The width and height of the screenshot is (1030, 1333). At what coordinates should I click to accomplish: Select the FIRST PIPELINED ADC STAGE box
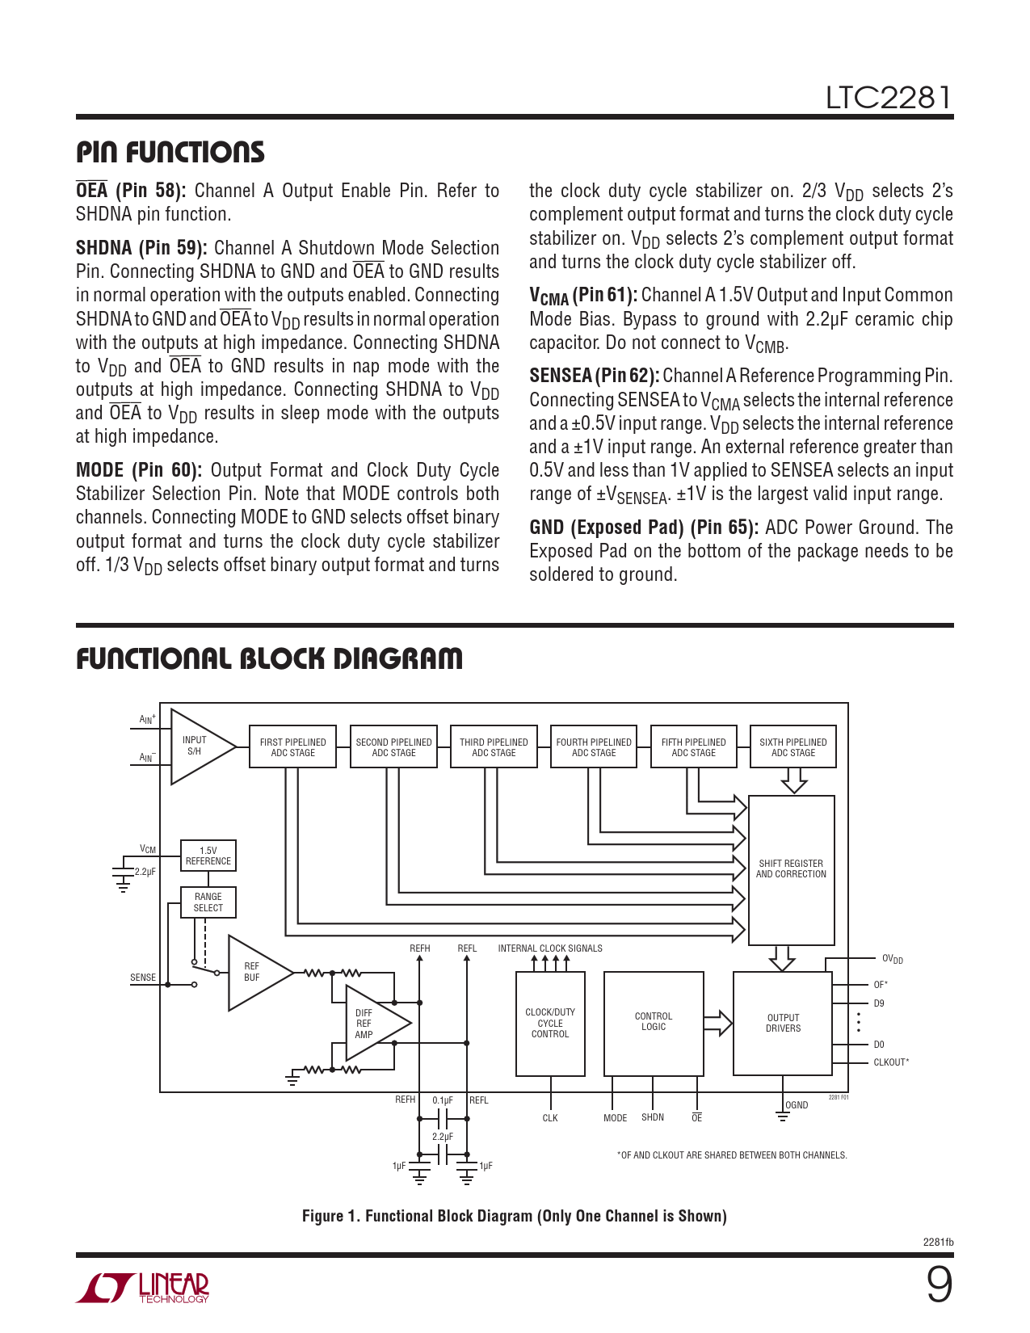tap(292, 746)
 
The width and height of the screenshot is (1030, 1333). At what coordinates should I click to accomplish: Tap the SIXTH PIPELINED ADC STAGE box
tap(792, 746)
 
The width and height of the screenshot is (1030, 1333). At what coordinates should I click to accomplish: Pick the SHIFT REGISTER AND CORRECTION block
tap(791, 869)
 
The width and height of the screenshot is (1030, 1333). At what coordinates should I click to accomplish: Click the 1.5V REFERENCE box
tap(208, 856)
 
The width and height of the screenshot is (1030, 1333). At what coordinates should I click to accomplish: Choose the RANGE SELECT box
tap(208, 902)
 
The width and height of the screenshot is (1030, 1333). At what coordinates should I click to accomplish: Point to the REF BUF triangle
tap(254, 972)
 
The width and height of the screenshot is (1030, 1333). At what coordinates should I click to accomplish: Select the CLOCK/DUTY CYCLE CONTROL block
tap(550, 1023)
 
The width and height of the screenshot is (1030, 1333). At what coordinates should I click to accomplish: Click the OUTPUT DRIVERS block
tap(782, 1023)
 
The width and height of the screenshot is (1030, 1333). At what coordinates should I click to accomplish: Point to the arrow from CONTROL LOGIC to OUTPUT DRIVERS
tap(717, 1023)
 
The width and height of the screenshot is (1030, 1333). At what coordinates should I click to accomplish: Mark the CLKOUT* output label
tap(891, 1062)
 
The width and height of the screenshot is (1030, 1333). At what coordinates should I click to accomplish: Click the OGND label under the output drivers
tap(797, 1105)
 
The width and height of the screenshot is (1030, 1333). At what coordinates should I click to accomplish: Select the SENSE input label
tap(143, 978)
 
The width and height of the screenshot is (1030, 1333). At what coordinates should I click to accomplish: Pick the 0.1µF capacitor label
tap(443, 1100)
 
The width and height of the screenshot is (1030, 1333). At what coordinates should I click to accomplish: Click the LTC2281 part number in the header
tap(888, 98)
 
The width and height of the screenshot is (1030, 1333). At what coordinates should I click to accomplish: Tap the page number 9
tap(939, 1284)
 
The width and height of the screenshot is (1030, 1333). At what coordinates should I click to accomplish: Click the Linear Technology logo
tap(143, 1288)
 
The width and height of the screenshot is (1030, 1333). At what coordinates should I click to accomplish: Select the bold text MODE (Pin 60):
tap(139, 470)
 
